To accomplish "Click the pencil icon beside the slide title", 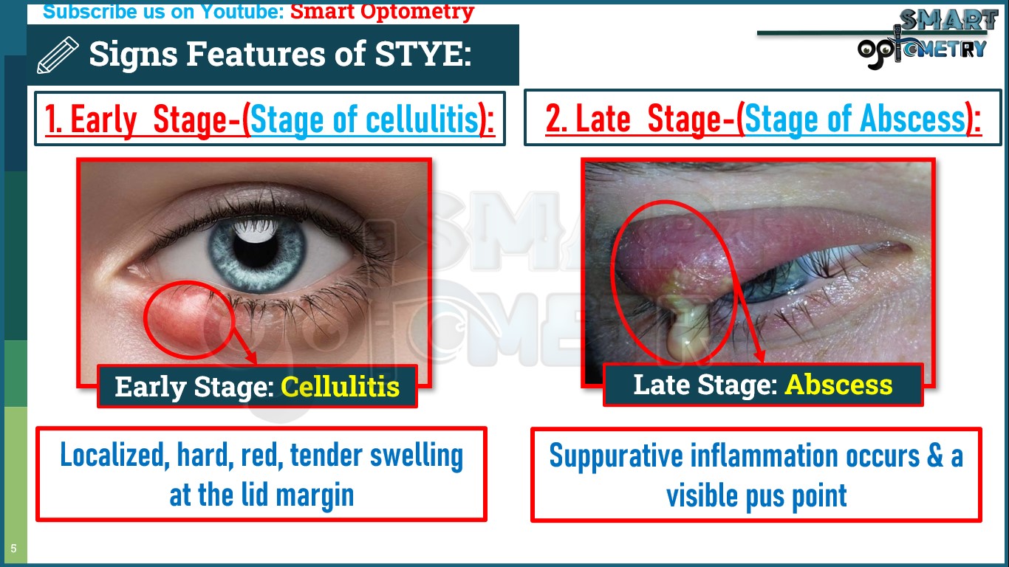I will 57,55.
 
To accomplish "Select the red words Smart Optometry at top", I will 382,12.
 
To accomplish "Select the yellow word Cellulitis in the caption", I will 340,386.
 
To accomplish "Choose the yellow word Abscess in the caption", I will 838,385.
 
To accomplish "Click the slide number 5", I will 13,549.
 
